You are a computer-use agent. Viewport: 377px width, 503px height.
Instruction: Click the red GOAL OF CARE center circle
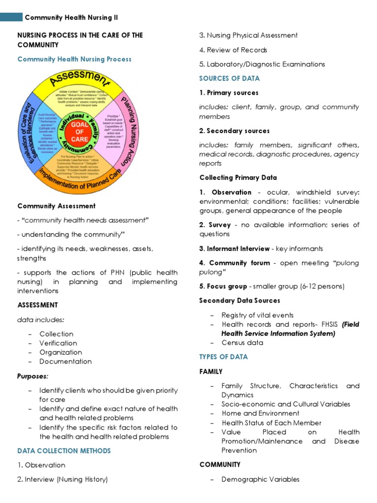pos(80,131)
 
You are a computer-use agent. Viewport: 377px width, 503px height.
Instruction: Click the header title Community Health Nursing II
pos(71,18)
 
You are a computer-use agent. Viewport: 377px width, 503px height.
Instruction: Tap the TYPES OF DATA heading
pos(223,357)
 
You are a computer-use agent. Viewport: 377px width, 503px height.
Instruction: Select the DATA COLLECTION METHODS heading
pos(64,451)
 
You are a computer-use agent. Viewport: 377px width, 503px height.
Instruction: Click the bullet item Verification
pos(58,343)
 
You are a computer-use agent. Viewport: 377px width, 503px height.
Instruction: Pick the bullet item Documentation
pos(65,362)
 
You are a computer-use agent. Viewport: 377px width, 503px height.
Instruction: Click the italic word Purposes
pos(33,376)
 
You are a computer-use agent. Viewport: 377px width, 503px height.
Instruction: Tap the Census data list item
pos(242,343)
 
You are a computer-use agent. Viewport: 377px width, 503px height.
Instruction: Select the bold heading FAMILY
pos(211,372)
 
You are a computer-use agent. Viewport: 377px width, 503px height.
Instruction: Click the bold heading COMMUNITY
pos(220,465)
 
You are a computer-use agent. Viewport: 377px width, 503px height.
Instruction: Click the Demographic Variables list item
pos(260,479)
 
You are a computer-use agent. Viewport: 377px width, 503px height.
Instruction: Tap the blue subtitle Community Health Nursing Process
pos(75,59)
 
